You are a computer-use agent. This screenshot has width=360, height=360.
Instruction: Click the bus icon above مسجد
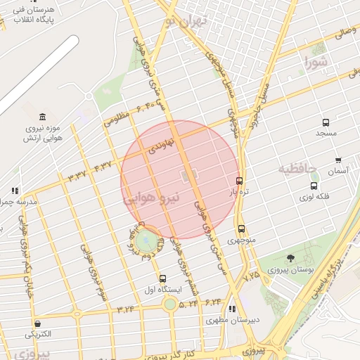point(326,122)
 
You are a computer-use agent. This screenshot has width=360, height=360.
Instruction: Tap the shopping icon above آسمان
point(338,160)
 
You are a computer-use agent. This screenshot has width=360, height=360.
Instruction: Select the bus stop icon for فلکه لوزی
point(314,186)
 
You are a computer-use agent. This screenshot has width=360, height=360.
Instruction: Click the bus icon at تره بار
point(240,180)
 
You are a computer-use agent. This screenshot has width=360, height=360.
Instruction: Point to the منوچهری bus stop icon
point(241,229)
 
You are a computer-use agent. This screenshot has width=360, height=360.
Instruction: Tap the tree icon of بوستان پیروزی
point(290,259)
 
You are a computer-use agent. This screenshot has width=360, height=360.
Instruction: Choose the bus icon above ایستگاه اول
point(163,278)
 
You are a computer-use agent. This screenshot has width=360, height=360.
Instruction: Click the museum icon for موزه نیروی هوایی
point(43,116)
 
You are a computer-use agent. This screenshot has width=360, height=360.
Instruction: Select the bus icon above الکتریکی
point(37,324)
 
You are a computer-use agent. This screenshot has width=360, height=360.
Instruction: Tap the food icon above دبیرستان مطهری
point(233,309)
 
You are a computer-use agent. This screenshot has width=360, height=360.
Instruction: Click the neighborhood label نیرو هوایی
point(152,199)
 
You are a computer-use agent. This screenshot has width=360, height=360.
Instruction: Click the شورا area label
point(317,64)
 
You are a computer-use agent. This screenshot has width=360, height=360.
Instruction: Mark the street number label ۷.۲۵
point(251,276)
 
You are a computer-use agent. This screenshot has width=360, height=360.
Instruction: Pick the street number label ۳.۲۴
point(125,309)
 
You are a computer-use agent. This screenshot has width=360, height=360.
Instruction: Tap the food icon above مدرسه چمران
point(15,191)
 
